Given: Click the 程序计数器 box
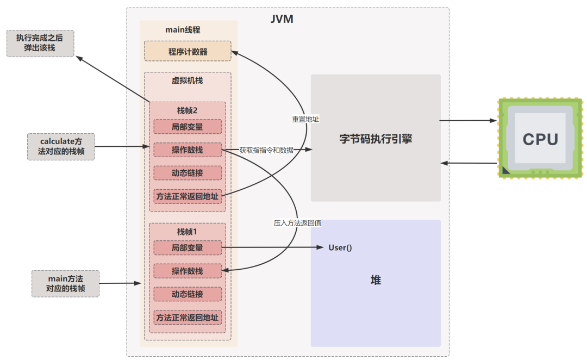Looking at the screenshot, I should click(x=188, y=52).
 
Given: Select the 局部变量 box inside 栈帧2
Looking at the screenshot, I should click(x=188, y=127).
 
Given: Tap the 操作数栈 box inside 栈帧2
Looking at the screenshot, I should click(x=188, y=150).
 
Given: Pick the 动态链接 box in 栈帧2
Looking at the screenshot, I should click(x=188, y=172).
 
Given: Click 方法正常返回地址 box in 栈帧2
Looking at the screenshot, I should click(x=188, y=196).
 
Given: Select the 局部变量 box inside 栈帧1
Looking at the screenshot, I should click(x=188, y=248).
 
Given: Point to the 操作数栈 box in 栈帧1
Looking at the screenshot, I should click(x=188, y=271).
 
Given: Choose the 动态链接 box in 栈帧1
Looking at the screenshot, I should click(x=188, y=294).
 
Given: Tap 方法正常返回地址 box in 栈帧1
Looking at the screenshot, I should click(x=188, y=318).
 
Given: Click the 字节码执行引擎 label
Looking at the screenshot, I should click(x=376, y=139).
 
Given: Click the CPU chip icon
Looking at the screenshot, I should click(x=540, y=138).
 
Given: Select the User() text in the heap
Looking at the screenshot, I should click(x=340, y=248).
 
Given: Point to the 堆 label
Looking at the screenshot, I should click(x=376, y=280).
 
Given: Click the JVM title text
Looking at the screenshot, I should click(x=282, y=20).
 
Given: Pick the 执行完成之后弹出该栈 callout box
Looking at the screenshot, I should click(x=40, y=43).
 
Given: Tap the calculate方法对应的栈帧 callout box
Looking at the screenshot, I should click(x=61, y=146).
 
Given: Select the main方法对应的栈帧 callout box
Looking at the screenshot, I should click(x=65, y=283).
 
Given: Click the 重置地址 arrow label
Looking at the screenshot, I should click(x=305, y=119).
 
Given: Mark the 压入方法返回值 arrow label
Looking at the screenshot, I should click(x=297, y=223).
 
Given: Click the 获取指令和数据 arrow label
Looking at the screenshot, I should click(x=266, y=150).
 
